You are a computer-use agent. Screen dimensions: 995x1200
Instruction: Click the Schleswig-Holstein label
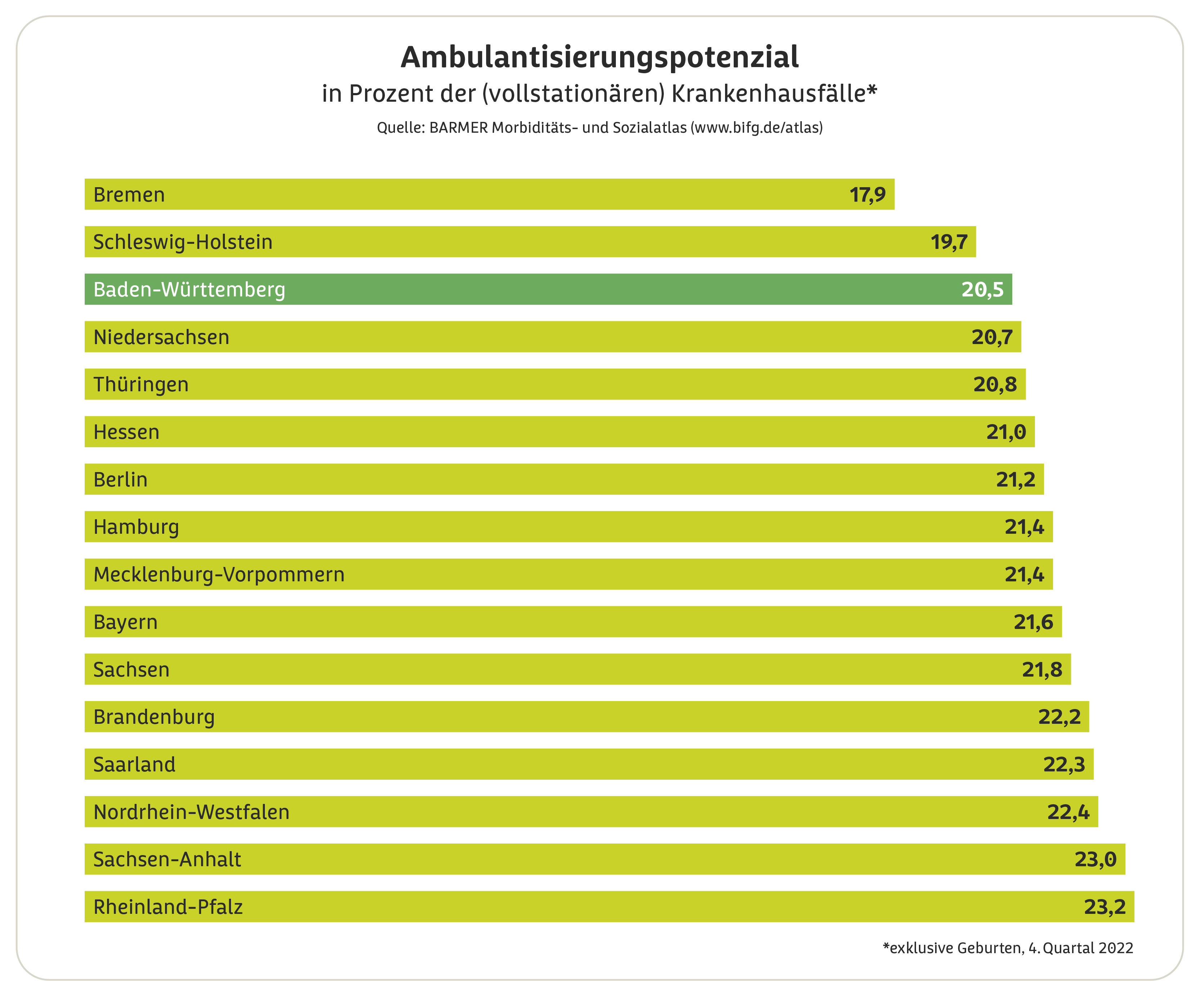click(183, 242)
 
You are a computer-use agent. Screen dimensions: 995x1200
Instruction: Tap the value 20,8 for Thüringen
click(995, 385)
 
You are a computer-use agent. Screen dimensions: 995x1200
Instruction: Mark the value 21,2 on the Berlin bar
click(1015, 480)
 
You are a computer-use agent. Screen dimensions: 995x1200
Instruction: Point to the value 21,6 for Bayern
click(1033, 622)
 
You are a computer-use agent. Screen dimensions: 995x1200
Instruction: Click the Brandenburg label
click(154, 717)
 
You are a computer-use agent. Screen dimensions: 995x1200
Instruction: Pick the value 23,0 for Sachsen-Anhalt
click(1095, 859)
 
